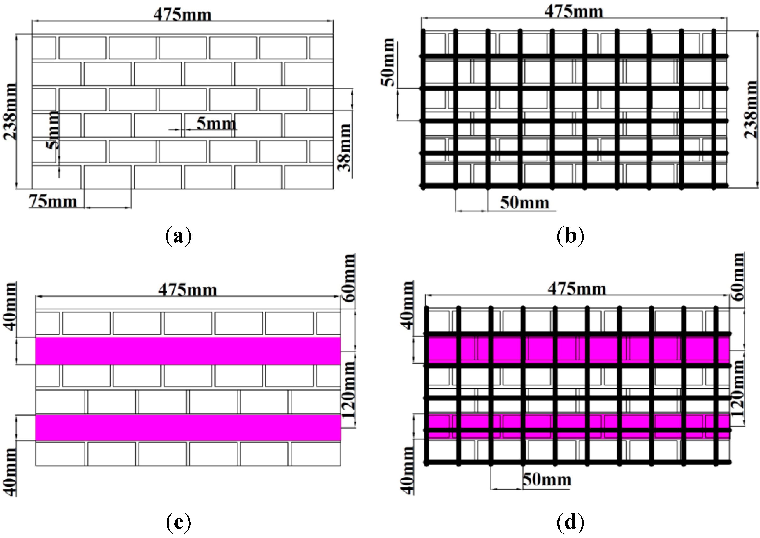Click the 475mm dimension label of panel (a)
click(x=182, y=15)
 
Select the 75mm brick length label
click(x=53, y=201)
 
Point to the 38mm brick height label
click(x=344, y=147)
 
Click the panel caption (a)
click(x=178, y=236)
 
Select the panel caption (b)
click(x=570, y=236)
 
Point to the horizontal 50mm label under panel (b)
click(x=524, y=203)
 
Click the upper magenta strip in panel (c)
click(x=188, y=351)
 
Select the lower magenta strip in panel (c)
click(x=188, y=427)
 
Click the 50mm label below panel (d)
click(x=547, y=480)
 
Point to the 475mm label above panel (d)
click(x=576, y=289)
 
